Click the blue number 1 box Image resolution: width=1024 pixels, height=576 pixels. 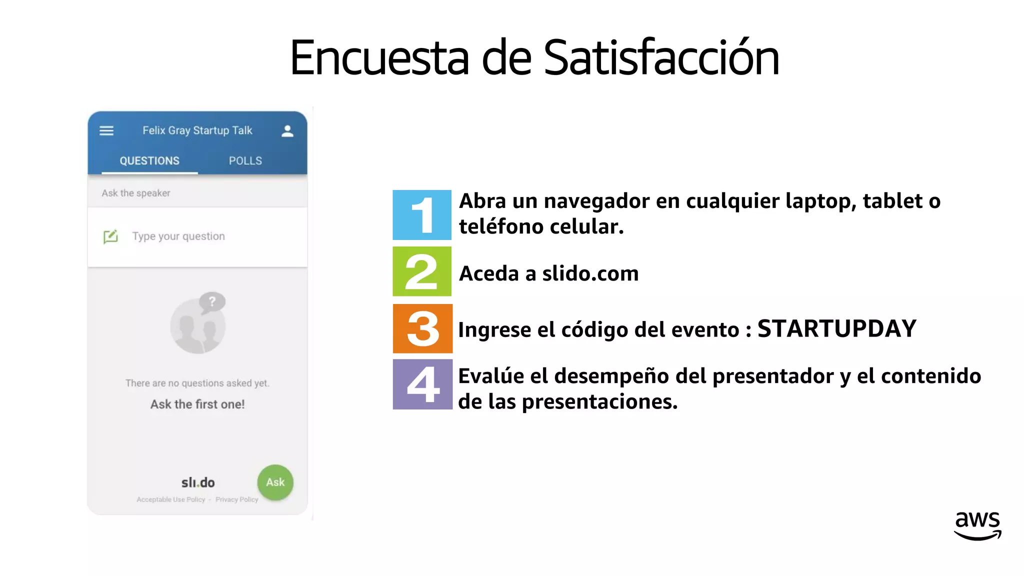point(421,215)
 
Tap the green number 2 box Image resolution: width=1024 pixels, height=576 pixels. point(421,271)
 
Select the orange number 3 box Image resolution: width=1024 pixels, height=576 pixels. point(422,328)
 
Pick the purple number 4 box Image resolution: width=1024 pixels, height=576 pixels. point(422,384)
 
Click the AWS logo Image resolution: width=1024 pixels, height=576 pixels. point(977,525)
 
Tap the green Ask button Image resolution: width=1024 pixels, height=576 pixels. point(275,482)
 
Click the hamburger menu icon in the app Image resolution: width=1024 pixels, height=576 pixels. point(106,131)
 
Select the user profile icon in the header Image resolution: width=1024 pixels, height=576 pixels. point(287,131)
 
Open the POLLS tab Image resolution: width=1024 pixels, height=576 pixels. point(245,161)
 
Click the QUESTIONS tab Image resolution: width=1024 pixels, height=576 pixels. point(149,161)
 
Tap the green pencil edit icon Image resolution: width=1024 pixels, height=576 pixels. point(110,236)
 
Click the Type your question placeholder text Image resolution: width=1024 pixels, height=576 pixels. point(178,236)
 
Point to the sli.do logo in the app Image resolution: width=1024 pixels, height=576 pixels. point(198,482)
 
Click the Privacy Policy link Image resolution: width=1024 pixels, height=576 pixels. point(236,499)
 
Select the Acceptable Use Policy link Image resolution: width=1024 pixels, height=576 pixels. point(171,499)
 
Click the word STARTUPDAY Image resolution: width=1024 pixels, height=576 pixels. point(836,329)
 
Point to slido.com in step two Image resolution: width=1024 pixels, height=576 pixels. point(590,273)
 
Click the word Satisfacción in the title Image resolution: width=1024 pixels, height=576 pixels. point(661,58)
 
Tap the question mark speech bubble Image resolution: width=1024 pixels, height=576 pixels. point(212,301)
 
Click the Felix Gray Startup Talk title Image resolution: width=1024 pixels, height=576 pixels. point(197,130)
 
